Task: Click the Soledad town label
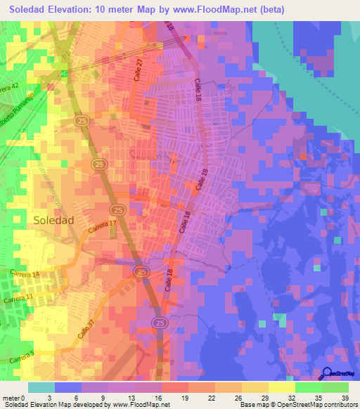pyautogui.click(x=53, y=220)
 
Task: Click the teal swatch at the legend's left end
pyautogui.click(x=41, y=387)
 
